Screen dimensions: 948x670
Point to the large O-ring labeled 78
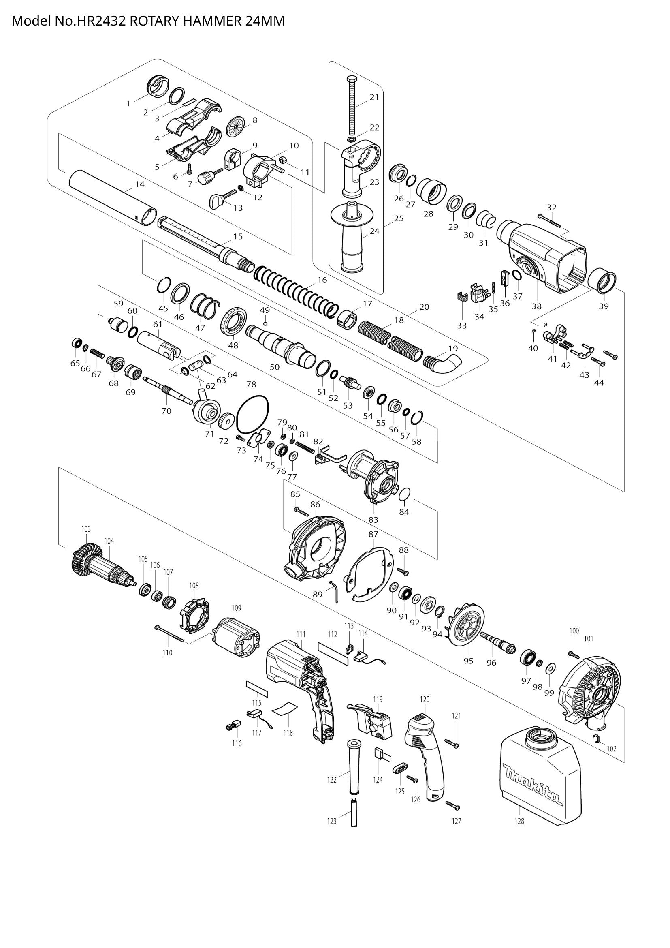point(252,413)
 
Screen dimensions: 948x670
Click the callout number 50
point(274,367)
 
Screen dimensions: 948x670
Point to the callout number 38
point(536,306)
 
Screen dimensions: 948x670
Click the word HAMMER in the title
point(211,21)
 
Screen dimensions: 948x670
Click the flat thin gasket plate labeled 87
point(370,574)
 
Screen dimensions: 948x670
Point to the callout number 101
point(588,638)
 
